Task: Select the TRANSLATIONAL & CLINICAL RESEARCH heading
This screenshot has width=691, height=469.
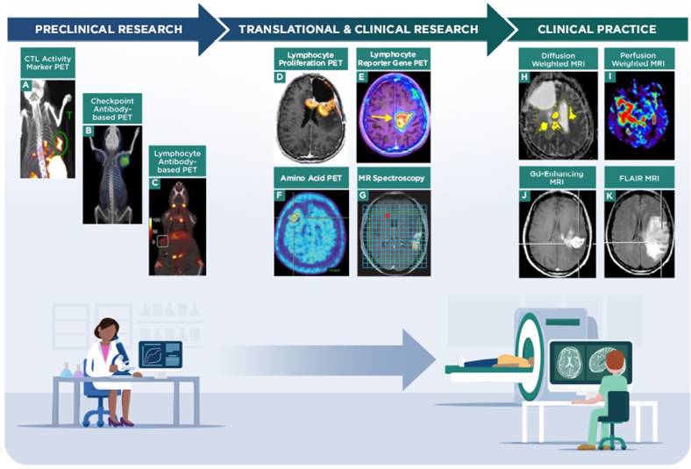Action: tap(359, 29)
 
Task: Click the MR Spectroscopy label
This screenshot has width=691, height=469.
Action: tap(392, 178)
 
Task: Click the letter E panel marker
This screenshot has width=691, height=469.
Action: tap(363, 77)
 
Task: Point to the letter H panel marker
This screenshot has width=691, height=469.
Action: tap(524, 77)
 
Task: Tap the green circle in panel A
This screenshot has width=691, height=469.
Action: tap(61, 139)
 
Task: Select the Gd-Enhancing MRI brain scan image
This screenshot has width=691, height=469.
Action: tap(557, 232)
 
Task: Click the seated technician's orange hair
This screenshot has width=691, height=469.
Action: tap(615, 359)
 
